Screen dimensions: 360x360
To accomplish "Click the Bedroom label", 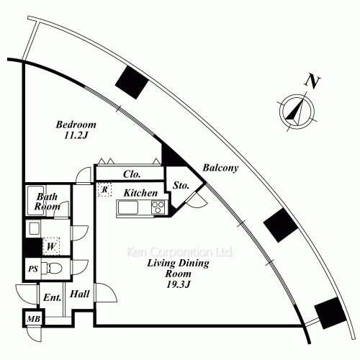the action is coord(76,125).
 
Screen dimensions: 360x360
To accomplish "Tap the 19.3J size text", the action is coord(179,284).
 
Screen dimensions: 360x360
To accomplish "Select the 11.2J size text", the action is coord(76,135).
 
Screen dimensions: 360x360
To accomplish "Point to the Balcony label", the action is coord(220,168).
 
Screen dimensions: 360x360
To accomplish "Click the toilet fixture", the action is coord(52,268).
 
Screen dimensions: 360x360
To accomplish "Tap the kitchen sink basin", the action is coord(128,207).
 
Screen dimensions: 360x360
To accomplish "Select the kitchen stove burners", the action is coord(158,207).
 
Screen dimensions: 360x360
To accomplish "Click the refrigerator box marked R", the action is coord(104,189).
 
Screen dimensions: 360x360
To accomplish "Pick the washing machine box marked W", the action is coord(51,246).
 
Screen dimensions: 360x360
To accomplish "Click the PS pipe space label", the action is coord(33,269).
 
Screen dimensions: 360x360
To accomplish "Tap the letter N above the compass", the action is coord(312,82).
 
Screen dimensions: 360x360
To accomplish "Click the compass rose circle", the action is coord(297,112).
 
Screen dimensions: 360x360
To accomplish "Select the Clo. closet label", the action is coord(132,174).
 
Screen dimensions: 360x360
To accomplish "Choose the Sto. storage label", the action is coord(181,186).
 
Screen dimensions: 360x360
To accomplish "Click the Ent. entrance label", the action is coord(53,297).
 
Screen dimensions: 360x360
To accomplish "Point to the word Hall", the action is coord(80,294).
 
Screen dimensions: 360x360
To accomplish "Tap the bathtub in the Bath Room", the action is coord(36,200).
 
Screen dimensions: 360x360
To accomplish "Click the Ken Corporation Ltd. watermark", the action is coord(179,252).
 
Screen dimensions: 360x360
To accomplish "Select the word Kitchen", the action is coord(140,193).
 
